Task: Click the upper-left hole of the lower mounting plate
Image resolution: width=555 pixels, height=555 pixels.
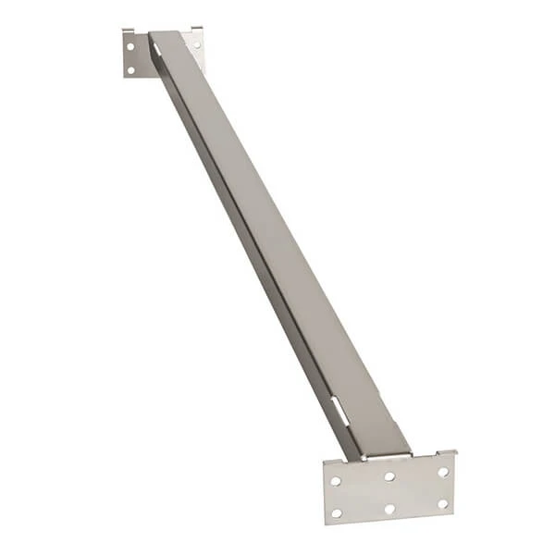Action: (x=336, y=481)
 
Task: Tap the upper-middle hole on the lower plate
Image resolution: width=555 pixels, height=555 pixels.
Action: (x=389, y=476)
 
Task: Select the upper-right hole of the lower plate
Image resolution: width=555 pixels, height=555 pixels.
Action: (x=442, y=472)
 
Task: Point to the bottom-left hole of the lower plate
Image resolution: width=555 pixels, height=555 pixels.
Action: (x=337, y=512)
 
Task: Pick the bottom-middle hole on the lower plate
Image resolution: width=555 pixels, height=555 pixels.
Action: (x=389, y=508)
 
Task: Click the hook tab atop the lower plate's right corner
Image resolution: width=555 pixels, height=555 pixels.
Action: (x=453, y=453)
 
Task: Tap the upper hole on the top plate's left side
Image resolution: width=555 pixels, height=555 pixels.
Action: (x=130, y=45)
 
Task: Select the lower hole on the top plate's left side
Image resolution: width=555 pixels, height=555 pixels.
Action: (x=130, y=68)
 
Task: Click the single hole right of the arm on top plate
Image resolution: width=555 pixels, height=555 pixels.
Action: (x=196, y=43)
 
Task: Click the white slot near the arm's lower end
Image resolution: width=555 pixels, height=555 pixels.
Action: (x=339, y=410)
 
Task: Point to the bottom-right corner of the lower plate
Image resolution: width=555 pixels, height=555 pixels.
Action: (x=453, y=512)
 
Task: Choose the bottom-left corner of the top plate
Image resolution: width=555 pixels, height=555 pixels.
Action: (x=125, y=76)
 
